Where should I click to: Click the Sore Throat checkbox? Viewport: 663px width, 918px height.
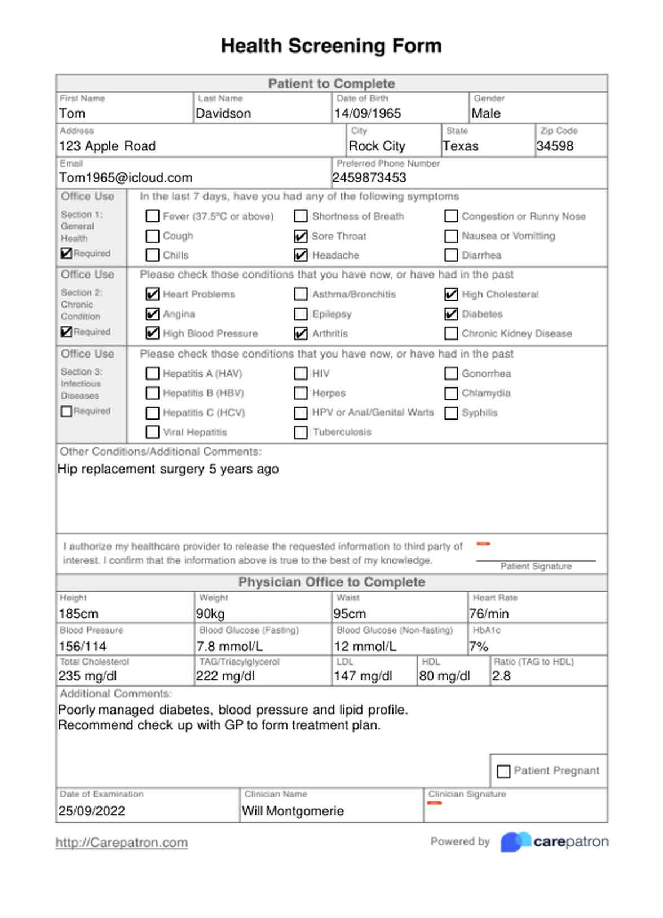[300, 237]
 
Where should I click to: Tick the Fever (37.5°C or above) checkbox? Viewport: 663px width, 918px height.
[152, 216]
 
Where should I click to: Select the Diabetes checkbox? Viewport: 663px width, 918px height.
[450, 314]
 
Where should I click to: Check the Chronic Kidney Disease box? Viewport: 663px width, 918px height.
[450, 334]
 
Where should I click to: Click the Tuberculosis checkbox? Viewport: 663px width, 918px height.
[300, 433]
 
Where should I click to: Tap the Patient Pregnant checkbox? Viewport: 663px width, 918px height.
[503, 771]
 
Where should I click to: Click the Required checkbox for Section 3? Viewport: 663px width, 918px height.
[67, 412]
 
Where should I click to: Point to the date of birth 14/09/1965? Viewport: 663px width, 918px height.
[368, 114]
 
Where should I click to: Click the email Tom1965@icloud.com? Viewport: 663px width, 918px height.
[126, 178]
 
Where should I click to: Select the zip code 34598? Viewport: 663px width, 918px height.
[555, 146]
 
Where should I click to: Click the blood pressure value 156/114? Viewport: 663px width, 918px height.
[82, 647]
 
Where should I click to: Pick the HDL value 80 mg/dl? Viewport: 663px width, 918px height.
[444, 676]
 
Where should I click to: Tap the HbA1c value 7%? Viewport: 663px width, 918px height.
[479, 647]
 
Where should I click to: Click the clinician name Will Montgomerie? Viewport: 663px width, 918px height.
[293, 812]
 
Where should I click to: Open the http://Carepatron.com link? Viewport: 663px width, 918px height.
[121, 843]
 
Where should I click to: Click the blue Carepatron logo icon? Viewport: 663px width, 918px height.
[515, 842]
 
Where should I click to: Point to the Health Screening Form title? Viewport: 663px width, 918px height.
[331, 46]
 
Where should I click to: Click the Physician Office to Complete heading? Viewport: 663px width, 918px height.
[331, 582]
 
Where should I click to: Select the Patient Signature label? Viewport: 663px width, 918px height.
[536, 567]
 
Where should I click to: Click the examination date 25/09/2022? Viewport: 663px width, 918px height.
[92, 812]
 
